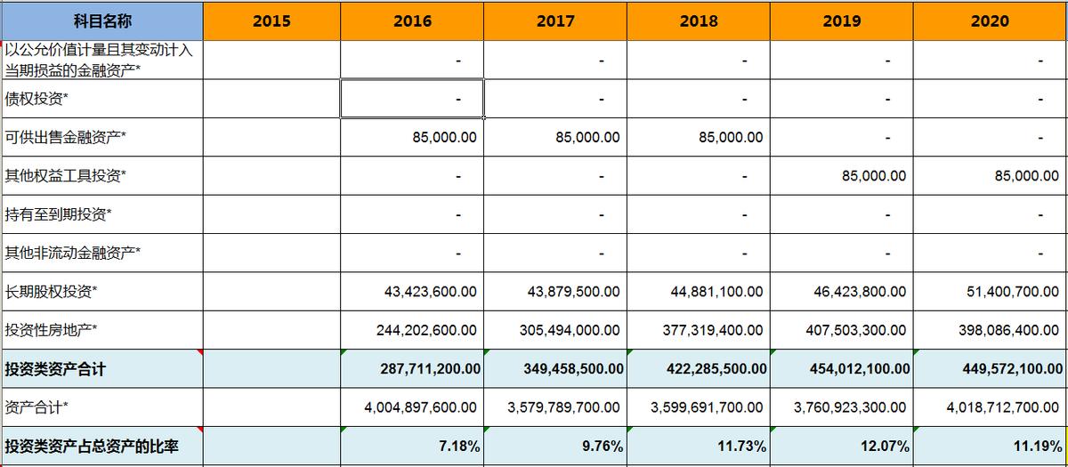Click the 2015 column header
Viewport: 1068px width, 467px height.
271,21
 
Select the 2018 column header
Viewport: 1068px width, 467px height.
699,21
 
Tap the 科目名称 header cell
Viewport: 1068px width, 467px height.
101,21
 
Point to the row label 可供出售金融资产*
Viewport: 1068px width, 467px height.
66,137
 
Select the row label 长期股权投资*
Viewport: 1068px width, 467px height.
52,291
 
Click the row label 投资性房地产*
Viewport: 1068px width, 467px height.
52,330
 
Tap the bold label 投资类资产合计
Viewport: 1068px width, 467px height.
55,368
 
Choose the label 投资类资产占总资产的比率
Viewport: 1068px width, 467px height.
92,446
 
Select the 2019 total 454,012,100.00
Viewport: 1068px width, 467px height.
849,368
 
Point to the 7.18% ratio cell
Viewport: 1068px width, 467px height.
461,446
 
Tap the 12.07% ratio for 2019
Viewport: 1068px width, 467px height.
886,446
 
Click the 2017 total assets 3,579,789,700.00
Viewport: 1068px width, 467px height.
563,407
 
